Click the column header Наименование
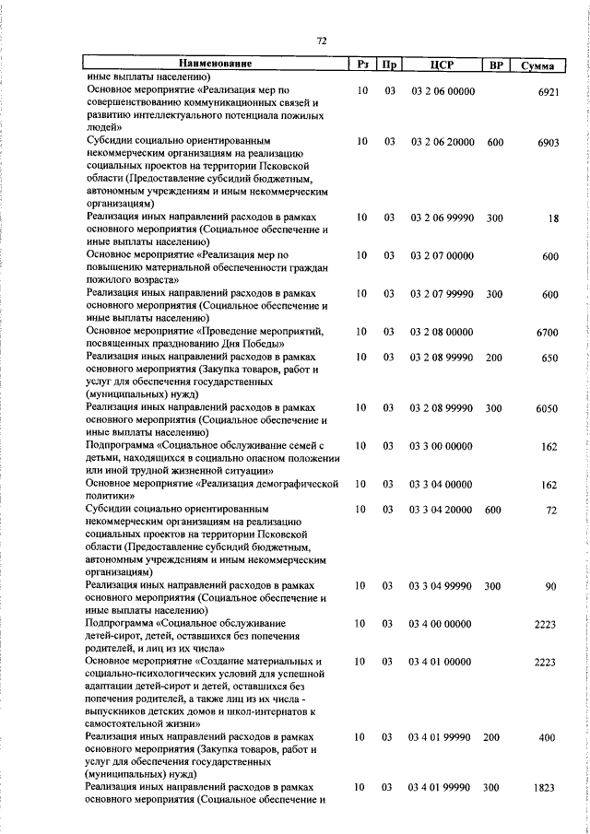(x=216, y=65)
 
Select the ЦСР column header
(x=442, y=65)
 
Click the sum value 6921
(x=549, y=92)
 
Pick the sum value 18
(x=553, y=217)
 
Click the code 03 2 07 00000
(x=442, y=255)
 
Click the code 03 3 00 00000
(x=442, y=446)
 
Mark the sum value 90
(x=552, y=586)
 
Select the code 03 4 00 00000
(x=442, y=624)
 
